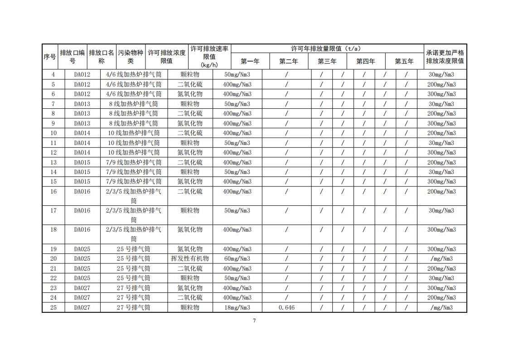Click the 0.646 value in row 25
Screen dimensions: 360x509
(x=286, y=307)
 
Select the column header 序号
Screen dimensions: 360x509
(x=50, y=57)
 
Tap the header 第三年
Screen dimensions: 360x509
(x=327, y=61)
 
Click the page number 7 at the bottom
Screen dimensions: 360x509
(x=254, y=321)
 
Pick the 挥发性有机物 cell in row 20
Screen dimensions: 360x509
(x=190, y=258)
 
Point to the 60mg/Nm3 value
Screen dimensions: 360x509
(x=237, y=258)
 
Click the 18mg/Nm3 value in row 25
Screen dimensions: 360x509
(x=237, y=307)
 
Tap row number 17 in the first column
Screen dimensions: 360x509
(x=53, y=210)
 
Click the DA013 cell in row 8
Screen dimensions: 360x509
(x=82, y=113)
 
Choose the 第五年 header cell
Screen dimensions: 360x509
(x=404, y=61)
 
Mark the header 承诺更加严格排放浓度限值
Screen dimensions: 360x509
(x=445, y=57)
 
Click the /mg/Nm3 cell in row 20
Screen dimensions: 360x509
(x=441, y=258)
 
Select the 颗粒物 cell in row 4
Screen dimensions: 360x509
(x=190, y=74)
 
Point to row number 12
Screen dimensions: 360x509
(x=53, y=152)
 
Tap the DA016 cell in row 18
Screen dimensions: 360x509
(x=82, y=229)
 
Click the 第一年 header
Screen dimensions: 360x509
(x=250, y=61)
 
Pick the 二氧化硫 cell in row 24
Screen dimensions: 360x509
(x=190, y=297)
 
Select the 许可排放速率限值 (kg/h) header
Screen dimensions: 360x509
(x=209, y=57)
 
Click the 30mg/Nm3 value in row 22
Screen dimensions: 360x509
(x=441, y=278)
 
